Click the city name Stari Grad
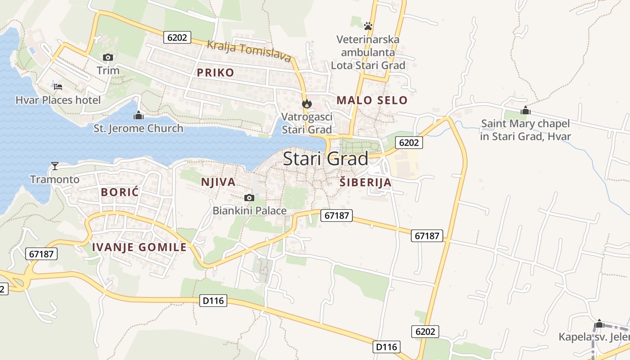(x=325, y=158)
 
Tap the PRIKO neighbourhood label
(x=216, y=72)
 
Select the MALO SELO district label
(x=372, y=100)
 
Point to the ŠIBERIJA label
(x=365, y=183)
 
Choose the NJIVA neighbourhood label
(x=218, y=182)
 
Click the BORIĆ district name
(x=120, y=192)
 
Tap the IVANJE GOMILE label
(x=139, y=247)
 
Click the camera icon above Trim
(x=108, y=57)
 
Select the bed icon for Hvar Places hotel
(x=58, y=86)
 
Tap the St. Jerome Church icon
(x=139, y=115)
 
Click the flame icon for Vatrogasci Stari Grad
(x=307, y=104)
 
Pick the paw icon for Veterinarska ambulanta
(x=368, y=26)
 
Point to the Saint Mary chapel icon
(x=525, y=110)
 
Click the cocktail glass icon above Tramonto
(x=55, y=166)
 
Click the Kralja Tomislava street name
(x=249, y=50)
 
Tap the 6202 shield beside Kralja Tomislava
(x=177, y=37)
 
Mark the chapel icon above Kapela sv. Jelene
(x=599, y=324)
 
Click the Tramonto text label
(x=55, y=180)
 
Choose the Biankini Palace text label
(x=249, y=210)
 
